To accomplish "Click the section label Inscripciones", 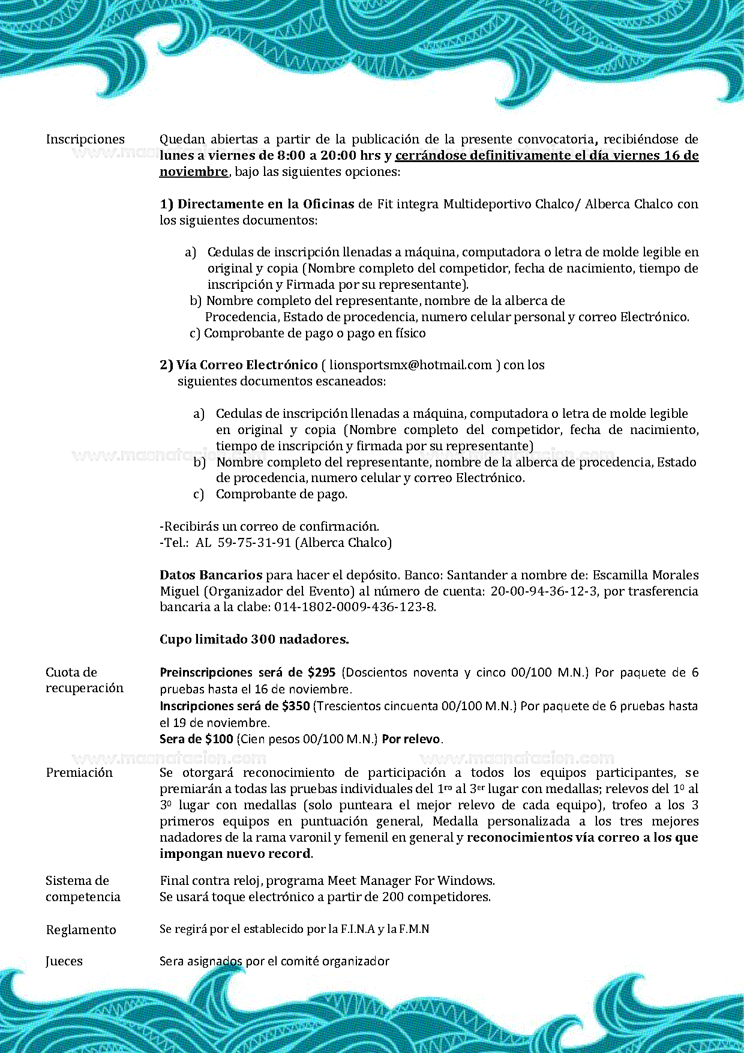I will [x=85, y=139].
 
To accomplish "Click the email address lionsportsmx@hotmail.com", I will [x=410, y=365].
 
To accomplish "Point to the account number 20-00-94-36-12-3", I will [x=544, y=591].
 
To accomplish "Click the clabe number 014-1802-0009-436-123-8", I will [x=355, y=607].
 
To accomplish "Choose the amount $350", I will [x=296, y=706].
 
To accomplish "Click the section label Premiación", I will [x=79, y=773].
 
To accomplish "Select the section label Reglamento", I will [x=81, y=930].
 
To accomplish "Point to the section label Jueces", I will [x=64, y=961].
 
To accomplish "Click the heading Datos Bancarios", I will [x=211, y=575].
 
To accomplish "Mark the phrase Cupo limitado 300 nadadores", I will [x=254, y=639].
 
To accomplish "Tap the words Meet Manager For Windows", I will [x=410, y=881].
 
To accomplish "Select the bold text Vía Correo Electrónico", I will [x=247, y=365].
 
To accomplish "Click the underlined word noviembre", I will [x=193, y=172].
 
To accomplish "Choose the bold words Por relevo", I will [x=411, y=739].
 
